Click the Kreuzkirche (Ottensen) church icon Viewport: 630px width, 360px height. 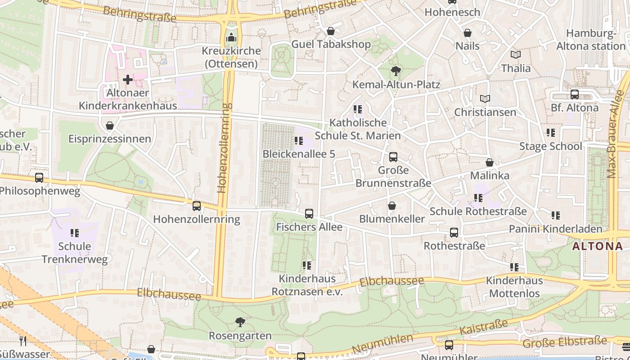(231, 37)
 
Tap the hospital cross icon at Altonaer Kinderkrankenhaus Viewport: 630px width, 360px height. (128, 80)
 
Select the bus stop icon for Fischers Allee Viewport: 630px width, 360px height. (309, 214)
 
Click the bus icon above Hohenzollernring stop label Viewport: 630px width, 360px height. (197, 206)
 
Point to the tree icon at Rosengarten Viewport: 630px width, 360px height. (240, 322)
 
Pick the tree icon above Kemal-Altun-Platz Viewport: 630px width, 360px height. (396, 71)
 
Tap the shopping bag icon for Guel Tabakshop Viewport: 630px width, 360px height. (331, 31)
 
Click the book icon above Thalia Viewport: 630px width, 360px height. (516, 54)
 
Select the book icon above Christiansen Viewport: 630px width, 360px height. (485, 99)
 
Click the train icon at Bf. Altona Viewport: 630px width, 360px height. (575, 94)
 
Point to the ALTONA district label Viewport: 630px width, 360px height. (598, 246)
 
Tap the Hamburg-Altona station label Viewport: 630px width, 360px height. (591, 40)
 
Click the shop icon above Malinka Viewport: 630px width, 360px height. (490, 162)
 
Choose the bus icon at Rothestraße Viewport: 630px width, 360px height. (454, 233)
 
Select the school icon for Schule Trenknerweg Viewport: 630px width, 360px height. (75, 233)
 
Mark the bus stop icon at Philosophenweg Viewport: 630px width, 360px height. (39, 178)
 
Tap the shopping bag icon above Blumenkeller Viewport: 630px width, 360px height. (392, 206)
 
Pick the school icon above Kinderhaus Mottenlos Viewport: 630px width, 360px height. (514, 267)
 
